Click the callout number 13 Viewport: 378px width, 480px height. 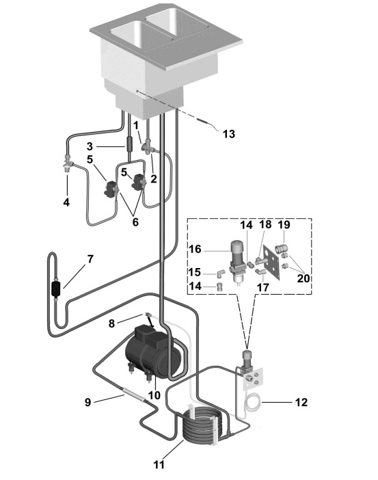[x=228, y=134]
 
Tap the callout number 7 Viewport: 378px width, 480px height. [x=90, y=259]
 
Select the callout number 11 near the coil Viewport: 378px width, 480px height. [x=159, y=465]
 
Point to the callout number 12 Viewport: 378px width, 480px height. [x=301, y=402]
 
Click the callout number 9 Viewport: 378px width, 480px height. [x=88, y=402]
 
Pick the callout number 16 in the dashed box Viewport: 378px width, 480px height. [x=195, y=249]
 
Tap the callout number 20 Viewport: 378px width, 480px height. [x=303, y=278]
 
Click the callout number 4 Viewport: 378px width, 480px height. [x=66, y=202]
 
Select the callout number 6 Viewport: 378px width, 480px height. [x=135, y=222]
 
